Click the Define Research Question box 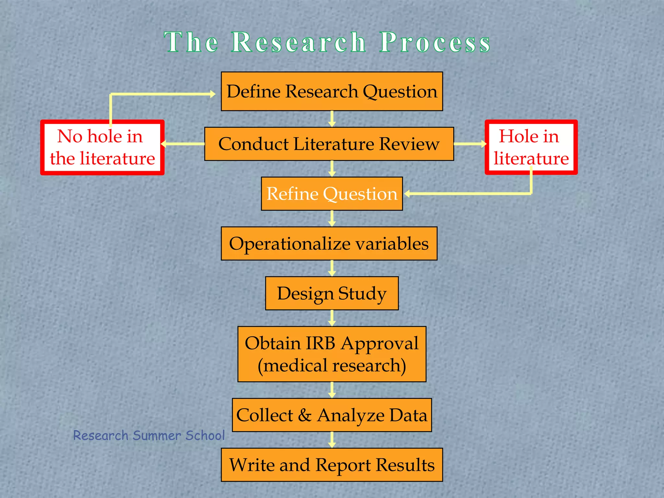point(332,91)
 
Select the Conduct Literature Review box point(329,144)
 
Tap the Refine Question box point(332,194)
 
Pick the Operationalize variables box point(329,243)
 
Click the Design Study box point(332,293)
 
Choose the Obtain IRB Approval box point(332,354)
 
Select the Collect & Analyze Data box point(332,415)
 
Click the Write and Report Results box point(332,465)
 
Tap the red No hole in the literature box point(102,148)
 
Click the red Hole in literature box point(531,148)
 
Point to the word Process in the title point(435,42)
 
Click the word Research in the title point(299,42)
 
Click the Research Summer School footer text point(149,435)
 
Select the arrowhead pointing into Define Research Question point(212,94)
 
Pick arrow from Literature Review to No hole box point(183,144)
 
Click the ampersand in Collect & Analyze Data point(305,415)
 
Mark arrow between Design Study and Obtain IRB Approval point(332,318)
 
